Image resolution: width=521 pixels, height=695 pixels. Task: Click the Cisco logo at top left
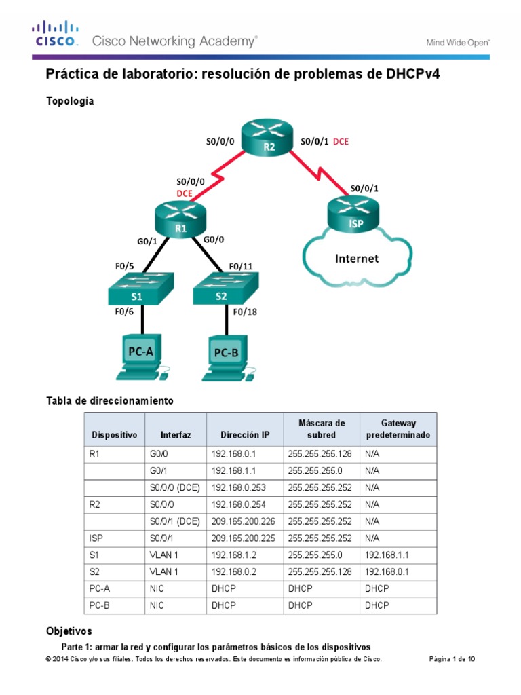coord(56,34)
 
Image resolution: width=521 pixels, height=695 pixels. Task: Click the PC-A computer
coord(141,356)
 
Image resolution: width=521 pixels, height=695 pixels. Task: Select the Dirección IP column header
coord(244,434)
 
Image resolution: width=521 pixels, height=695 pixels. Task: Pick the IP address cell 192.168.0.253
coord(244,487)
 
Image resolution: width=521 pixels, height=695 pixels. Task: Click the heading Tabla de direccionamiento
coord(109,401)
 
